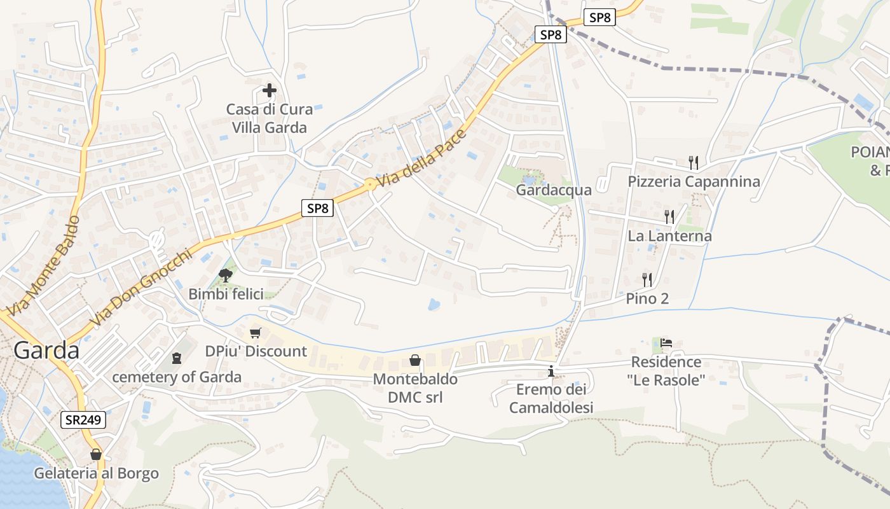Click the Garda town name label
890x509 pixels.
pyautogui.click(x=46, y=351)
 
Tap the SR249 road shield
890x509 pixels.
pyautogui.click(x=83, y=420)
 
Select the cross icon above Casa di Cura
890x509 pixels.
pyautogui.click(x=270, y=90)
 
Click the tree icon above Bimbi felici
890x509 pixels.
pyautogui.click(x=225, y=275)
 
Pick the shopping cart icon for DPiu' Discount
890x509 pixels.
pyautogui.click(x=256, y=333)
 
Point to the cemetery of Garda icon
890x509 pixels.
pyautogui.click(x=177, y=358)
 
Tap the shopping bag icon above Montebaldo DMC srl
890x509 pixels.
pyautogui.click(x=415, y=361)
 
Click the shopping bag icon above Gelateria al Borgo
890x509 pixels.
pyautogui.click(x=96, y=454)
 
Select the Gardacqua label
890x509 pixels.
pyautogui.click(x=554, y=190)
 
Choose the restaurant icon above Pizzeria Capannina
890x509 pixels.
pyautogui.click(x=694, y=163)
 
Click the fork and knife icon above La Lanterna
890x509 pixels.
pyautogui.click(x=669, y=217)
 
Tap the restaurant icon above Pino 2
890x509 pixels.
pyautogui.click(x=647, y=279)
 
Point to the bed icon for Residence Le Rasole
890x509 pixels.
pyautogui.click(x=666, y=343)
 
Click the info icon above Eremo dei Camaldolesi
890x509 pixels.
pyautogui.click(x=551, y=371)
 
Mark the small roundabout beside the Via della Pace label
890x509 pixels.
pyautogui.click(x=369, y=185)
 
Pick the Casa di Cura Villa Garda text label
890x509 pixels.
pyautogui.click(x=270, y=118)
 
